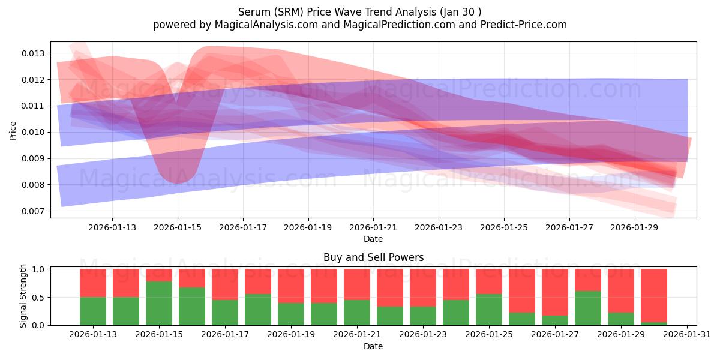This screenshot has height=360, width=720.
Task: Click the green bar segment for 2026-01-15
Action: point(159,303)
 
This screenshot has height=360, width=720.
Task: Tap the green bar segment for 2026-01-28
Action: point(588,308)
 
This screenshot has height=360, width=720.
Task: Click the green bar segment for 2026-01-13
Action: point(93,311)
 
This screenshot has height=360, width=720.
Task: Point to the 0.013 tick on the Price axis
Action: point(34,53)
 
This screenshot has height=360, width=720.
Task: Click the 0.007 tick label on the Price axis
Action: point(34,211)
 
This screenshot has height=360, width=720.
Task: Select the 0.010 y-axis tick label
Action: point(34,132)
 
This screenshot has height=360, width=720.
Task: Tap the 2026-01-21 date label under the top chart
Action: point(373,228)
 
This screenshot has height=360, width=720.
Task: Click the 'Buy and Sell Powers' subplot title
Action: point(373,257)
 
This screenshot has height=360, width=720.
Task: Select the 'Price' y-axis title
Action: point(13,130)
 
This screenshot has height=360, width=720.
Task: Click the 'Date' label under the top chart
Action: point(373,239)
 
